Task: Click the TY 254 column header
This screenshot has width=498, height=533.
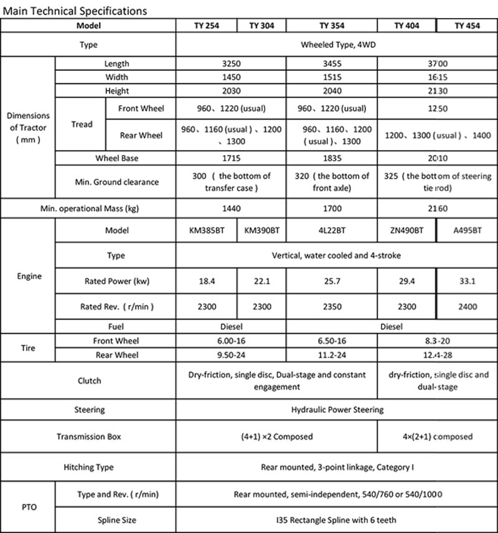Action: tap(207, 26)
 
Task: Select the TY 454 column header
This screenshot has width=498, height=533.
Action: tap(467, 26)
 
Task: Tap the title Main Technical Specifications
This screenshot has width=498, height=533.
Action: tap(75, 10)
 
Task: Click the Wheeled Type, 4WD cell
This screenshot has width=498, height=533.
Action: tap(337, 45)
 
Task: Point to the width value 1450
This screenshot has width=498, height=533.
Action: tap(232, 77)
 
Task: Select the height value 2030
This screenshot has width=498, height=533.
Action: tap(232, 91)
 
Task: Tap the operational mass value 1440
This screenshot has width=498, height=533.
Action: tap(232, 209)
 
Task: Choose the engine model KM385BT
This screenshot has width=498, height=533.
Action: tap(207, 230)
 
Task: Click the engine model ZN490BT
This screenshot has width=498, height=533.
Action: tap(406, 230)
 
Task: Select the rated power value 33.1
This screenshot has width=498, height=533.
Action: tap(467, 281)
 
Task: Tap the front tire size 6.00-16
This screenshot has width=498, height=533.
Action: tap(232, 341)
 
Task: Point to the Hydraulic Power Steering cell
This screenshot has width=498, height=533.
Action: tap(337, 410)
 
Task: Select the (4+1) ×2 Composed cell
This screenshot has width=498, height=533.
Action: tap(277, 436)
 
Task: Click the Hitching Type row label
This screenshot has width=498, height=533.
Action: tap(88, 466)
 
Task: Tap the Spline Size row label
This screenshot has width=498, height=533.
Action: tap(116, 520)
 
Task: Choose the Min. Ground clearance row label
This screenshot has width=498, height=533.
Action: tap(116, 182)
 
